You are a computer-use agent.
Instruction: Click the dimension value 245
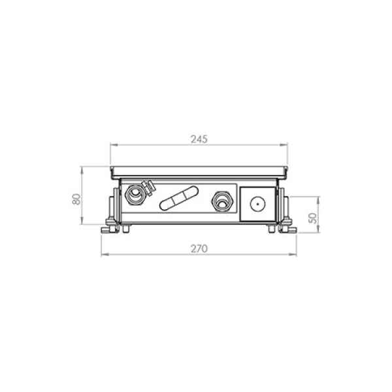point(199,139)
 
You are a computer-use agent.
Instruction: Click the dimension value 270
point(199,249)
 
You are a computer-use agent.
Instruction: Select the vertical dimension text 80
point(76,199)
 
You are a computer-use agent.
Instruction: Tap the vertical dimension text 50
point(312,218)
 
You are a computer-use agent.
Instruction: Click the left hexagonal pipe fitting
point(135,194)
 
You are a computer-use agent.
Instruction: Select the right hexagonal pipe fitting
point(223,201)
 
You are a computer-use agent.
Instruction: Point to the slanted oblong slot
point(179,198)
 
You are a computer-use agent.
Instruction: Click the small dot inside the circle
point(257,204)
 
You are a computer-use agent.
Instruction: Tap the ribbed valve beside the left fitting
point(148,188)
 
